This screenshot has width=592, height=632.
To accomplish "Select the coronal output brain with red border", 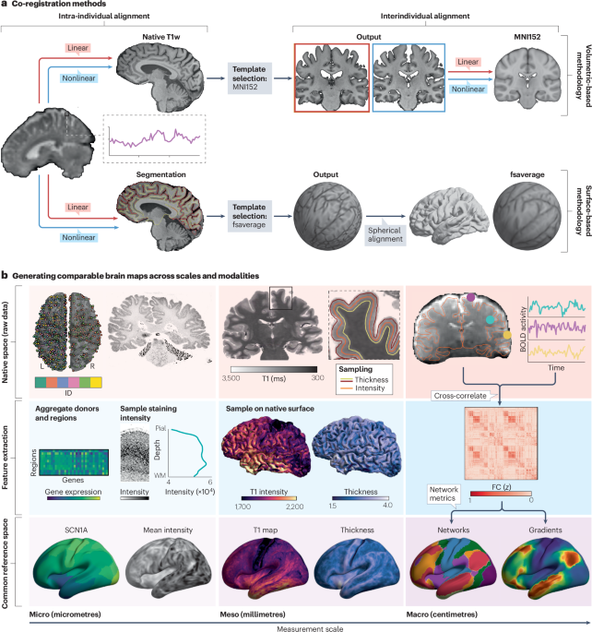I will point(332,82).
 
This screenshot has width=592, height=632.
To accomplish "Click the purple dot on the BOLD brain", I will point(471,298).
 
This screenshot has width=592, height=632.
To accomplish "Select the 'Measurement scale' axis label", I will point(295,626).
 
